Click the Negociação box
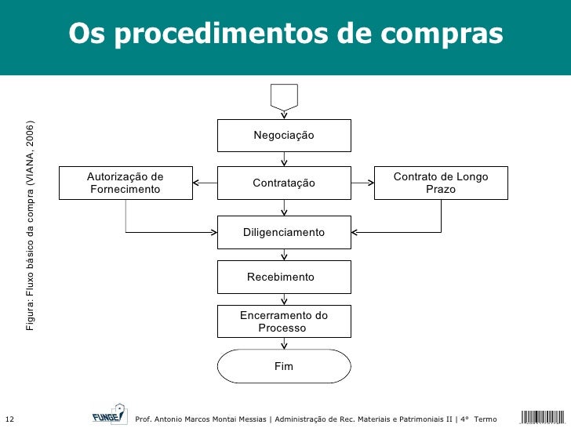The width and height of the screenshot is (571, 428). click(284, 136)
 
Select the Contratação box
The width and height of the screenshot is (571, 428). click(284, 183)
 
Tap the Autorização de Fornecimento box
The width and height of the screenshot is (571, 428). click(126, 183)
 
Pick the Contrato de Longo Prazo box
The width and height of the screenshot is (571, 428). click(441, 183)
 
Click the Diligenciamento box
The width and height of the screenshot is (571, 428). click(284, 233)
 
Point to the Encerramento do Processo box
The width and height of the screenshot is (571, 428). click(284, 321)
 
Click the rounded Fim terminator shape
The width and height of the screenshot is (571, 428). click(284, 366)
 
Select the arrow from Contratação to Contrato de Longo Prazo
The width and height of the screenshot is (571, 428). click(362, 183)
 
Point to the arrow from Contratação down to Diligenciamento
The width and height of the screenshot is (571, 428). click(284, 208)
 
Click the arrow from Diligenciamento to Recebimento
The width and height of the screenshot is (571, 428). click(284, 254)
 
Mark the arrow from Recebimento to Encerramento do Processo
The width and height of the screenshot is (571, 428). click(284, 299)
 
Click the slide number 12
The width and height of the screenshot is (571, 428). click(9, 418)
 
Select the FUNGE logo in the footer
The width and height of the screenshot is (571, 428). click(108, 415)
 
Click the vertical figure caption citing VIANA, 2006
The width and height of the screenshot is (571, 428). click(30, 226)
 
